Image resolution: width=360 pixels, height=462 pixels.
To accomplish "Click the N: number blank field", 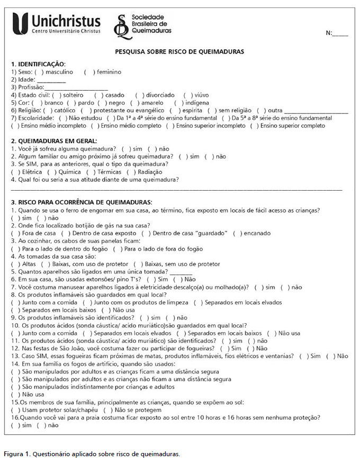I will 340,33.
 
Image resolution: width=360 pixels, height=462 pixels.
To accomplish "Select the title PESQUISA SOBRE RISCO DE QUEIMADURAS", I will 179,52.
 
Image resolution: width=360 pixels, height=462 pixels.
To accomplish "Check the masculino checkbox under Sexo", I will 39,72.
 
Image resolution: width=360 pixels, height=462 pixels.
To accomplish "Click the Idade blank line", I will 51,80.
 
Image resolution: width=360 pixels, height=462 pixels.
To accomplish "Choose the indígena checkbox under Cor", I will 178,103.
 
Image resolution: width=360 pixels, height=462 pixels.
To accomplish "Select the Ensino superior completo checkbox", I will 255,126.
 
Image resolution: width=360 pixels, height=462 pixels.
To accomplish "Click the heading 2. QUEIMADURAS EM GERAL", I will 54,141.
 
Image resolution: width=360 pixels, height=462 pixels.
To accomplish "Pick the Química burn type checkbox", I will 51,172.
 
